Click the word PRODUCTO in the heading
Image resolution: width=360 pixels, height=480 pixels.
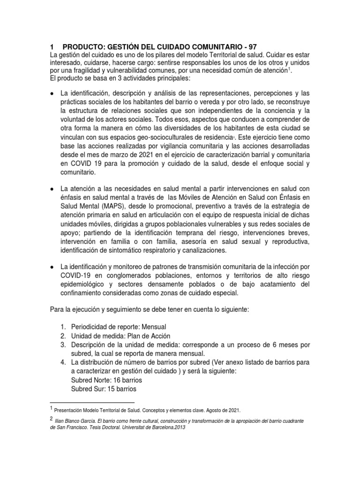(x=82, y=47)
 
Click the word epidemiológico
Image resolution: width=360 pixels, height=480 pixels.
(x=94, y=284)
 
